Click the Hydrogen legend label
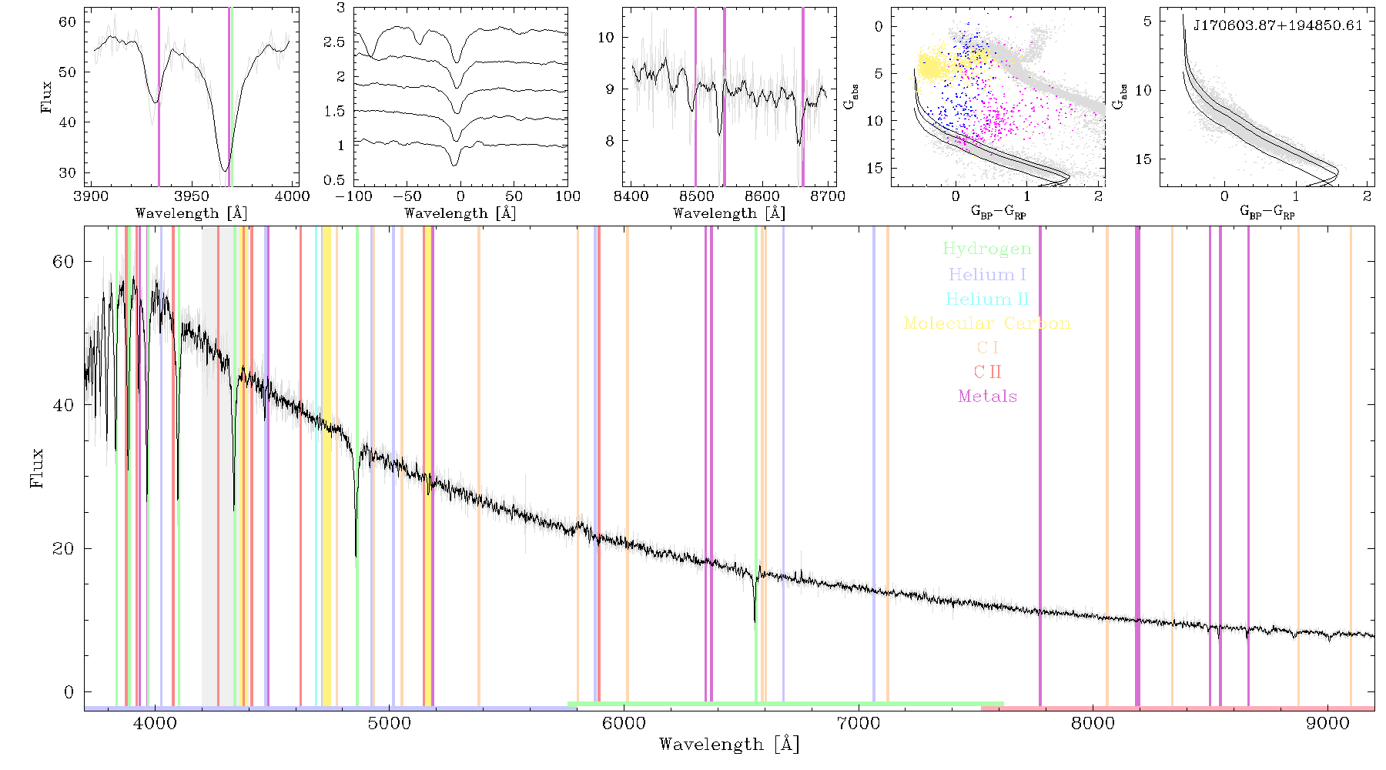986,249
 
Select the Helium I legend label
986,275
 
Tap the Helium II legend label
986,299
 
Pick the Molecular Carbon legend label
986,323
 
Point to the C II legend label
986,372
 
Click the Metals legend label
987,397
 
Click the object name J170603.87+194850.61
1277,25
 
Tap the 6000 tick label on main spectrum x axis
624,724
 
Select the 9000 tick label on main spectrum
1327,724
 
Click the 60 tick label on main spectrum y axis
64,262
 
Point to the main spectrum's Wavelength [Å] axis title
729,745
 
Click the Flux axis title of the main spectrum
36,467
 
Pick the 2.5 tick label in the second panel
334,42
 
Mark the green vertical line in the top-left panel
231,97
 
